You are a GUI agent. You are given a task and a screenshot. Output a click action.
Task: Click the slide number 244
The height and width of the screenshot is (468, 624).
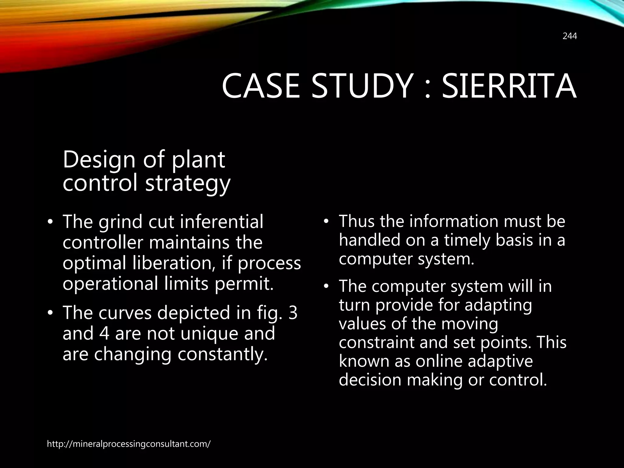569,36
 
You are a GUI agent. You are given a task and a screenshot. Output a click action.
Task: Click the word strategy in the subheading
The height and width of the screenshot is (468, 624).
188,183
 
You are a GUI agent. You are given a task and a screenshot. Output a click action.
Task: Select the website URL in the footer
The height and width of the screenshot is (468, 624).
129,444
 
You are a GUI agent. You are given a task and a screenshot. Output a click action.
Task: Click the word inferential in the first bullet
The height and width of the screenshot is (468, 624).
222,222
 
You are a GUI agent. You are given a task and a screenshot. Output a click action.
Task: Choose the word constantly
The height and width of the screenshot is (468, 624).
222,354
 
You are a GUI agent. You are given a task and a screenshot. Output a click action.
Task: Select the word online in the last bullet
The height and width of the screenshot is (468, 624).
439,361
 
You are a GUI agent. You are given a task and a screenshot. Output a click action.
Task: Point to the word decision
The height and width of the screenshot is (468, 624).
370,380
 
